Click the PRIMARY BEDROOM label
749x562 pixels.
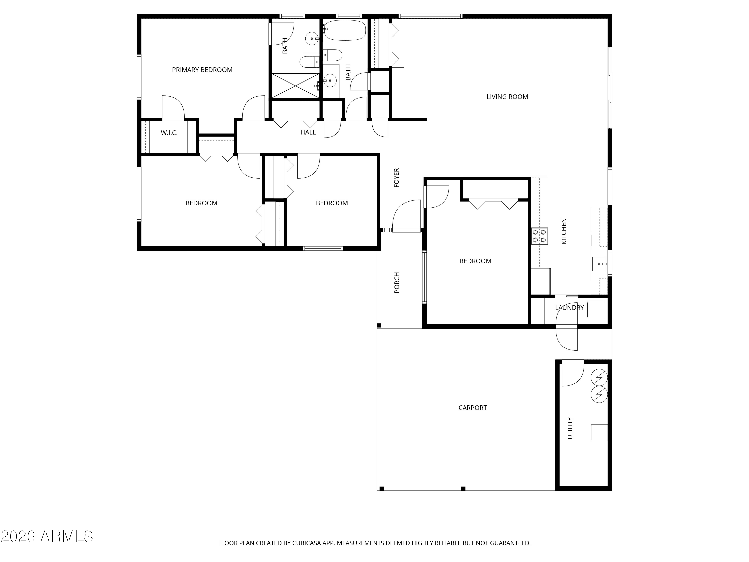pos(202,70)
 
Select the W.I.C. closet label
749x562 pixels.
pos(169,133)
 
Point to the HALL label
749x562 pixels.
pos(308,132)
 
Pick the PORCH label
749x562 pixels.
pos(397,282)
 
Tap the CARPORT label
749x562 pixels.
pos(473,408)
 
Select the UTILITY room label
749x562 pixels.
pos(570,428)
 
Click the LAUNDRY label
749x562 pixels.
pos(569,307)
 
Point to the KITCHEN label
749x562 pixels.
pos(564,231)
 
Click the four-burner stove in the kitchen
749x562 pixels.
pos(539,236)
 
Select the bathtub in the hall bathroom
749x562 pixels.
pos(344,31)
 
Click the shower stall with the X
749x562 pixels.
pos(295,86)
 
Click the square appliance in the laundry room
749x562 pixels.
pos(596,310)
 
